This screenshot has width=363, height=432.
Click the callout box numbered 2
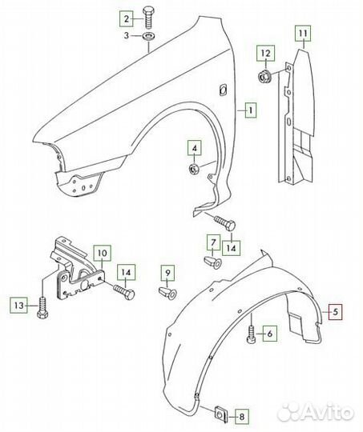click(x=127, y=18)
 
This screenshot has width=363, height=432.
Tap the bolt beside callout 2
click(x=148, y=18)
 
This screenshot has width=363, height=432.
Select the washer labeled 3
click(x=148, y=36)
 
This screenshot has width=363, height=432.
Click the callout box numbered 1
click(x=251, y=110)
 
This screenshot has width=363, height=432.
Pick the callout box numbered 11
click(x=303, y=34)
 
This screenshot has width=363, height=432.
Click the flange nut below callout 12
click(x=265, y=76)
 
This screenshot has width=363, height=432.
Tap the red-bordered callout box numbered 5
click(x=335, y=312)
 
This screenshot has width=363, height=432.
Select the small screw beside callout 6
click(x=252, y=334)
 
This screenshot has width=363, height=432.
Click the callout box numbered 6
click(x=270, y=334)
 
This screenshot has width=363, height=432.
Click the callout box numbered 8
click(x=241, y=417)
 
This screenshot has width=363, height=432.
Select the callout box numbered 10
click(x=103, y=253)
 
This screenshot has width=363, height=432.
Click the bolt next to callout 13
click(x=42, y=308)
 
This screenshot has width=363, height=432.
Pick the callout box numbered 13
click(x=19, y=306)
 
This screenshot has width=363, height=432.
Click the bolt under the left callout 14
click(x=124, y=291)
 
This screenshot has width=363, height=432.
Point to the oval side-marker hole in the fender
click(x=223, y=89)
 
